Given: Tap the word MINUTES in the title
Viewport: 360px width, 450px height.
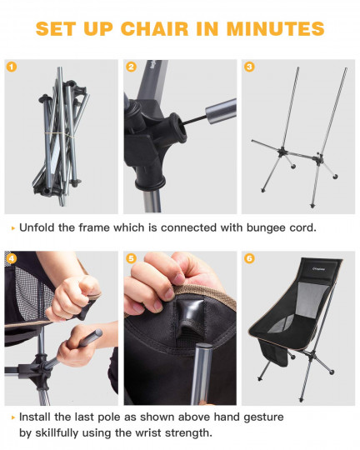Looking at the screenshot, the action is coord(276,28).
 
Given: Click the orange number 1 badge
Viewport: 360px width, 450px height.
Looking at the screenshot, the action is coord(12,67).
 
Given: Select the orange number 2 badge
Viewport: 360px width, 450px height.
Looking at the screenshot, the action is coord(131,67).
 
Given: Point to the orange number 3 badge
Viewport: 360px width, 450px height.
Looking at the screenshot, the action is coord(249,67).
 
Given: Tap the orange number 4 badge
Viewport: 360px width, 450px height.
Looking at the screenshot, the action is coord(12,258).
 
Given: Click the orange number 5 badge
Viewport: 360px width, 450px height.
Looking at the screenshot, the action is coord(131,258).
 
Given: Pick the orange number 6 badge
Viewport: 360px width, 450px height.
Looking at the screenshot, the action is coord(249,258).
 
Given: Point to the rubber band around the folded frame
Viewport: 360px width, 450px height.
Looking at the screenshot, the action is coord(59,134).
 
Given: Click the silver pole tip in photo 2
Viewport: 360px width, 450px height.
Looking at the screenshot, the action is coord(221,111).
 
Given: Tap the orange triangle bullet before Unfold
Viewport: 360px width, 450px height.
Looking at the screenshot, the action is coord(13,228).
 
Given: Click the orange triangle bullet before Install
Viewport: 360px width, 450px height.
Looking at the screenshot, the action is coord(13,417).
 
